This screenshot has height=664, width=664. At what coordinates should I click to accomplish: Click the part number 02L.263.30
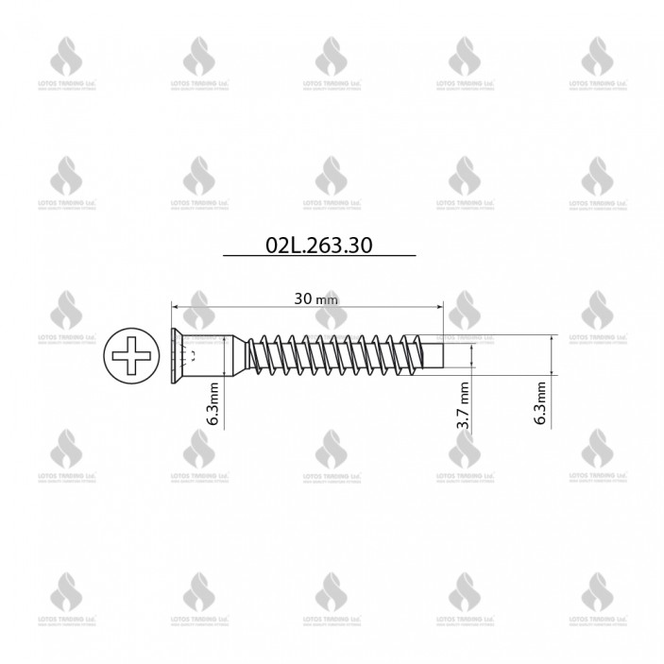point(318,245)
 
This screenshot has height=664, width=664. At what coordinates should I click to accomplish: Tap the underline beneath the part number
point(318,256)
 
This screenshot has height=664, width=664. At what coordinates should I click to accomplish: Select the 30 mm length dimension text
point(315,298)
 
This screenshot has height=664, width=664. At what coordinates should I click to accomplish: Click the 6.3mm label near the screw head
point(214,403)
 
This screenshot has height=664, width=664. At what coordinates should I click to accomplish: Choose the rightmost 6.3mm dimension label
point(540,403)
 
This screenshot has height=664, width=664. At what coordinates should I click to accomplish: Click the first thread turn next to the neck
point(257,356)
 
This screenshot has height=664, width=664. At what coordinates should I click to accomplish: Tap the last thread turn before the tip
point(431,356)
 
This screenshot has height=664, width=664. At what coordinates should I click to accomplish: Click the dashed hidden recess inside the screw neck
point(194,356)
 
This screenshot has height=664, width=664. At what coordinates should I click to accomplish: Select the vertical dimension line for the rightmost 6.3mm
point(552,356)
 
